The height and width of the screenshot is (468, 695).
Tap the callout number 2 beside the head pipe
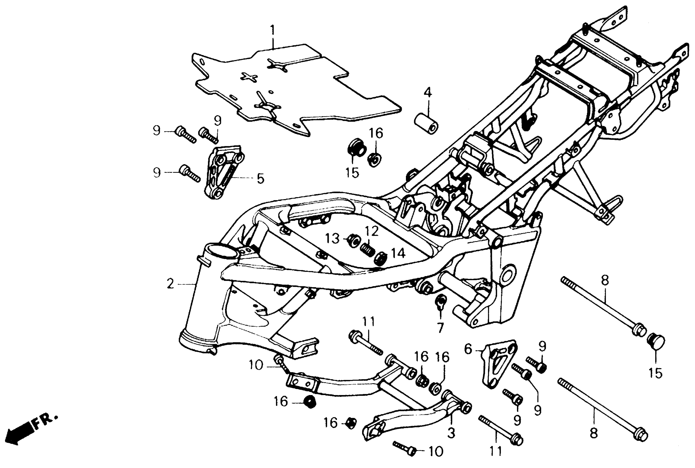pyautogui.click(x=170, y=284)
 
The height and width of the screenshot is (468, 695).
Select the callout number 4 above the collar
pyautogui.click(x=428, y=92)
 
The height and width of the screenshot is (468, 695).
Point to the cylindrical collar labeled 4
pyautogui.click(x=426, y=123)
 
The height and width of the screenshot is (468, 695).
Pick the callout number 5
pyautogui.click(x=260, y=178)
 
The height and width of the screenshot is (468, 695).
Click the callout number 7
pyautogui.click(x=440, y=328)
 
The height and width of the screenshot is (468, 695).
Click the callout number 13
pyautogui.click(x=332, y=238)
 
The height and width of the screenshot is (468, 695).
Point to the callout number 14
pyautogui.click(x=398, y=253)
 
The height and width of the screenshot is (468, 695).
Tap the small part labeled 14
pyautogui.click(x=380, y=258)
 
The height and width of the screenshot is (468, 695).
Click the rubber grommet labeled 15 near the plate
pyautogui.click(x=357, y=148)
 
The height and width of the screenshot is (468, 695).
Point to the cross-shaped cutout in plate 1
pyautogui.click(x=249, y=77)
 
